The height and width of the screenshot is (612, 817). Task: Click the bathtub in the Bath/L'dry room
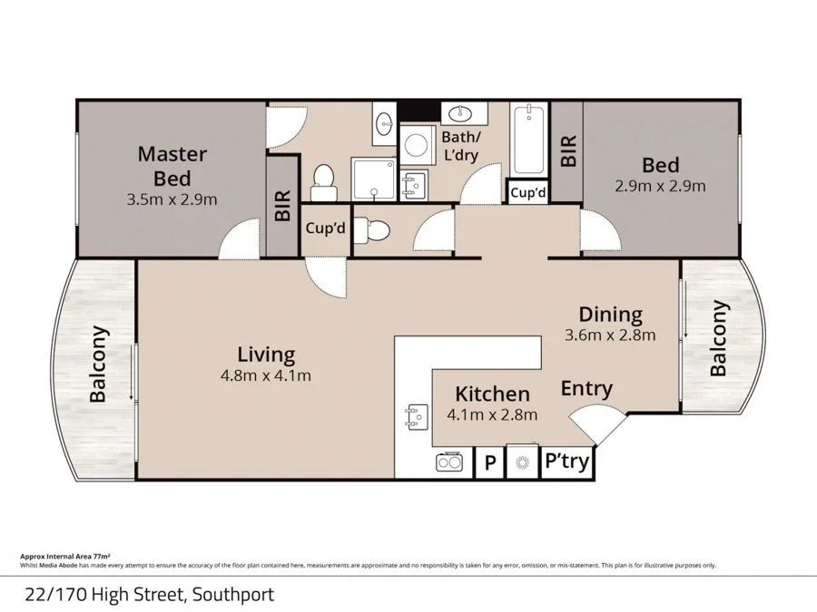click(x=527, y=141)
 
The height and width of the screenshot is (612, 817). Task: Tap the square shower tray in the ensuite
click(x=374, y=178)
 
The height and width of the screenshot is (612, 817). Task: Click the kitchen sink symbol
click(x=413, y=415)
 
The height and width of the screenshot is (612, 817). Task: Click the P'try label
click(x=566, y=462)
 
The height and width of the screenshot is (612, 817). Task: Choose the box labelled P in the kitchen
click(x=489, y=463)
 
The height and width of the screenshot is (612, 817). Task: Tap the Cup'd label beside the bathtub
click(x=527, y=193)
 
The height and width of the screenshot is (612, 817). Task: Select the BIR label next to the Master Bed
click(x=281, y=206)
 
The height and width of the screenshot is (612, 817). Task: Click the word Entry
click(x=586, y=388)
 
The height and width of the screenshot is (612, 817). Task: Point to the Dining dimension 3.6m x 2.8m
click(x=610, y=335)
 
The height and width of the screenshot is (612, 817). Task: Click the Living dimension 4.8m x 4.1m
click(x=266, y=374)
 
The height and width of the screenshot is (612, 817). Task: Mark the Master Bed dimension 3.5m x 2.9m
click(x=172, y=199)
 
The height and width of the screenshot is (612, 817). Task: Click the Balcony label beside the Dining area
click(x=719, y=338)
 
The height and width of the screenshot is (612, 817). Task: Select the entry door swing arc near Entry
click(x=596, y=423)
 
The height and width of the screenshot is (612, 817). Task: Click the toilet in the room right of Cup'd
click(x=372, y=230)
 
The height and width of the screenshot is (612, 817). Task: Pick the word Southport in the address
click(x=231, y=595)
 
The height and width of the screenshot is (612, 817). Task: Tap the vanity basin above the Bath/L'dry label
click(x=464, y=113)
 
